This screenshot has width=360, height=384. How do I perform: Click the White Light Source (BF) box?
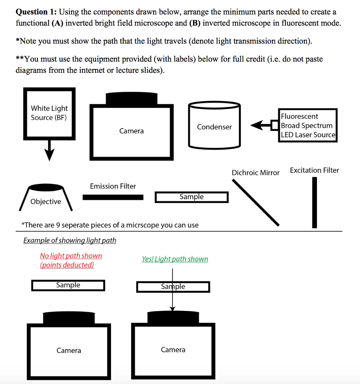pyautogui.click(x=49, y=113)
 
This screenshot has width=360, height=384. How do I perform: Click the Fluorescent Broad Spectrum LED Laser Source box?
pyautogui.click(x=308, y=125)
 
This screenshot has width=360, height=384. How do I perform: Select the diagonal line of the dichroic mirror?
pyautogui.click(x=255, y=202)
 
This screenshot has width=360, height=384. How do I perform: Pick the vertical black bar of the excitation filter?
pyautogui.click(x=314, y=202)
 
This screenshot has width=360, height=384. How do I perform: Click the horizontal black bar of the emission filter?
pyautogui.click(x=113, y=197)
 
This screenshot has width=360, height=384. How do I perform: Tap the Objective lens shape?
pyautogui.click(x=46, y=197)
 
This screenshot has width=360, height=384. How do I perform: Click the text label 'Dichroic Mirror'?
pyautogui.click(x=255, y=173)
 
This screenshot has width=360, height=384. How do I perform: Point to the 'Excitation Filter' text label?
pyautogui.click(x=314, y=170)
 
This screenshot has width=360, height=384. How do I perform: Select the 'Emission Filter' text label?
pyautogui.click(x=113, y=186)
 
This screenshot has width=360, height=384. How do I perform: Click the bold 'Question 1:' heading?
pyautogui.click(x=36, y=12)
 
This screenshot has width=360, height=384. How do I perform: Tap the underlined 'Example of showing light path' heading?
pyautogui.click(x=70, y=240)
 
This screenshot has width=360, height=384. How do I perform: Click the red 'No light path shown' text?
pyautogui.click(x=71, y=256)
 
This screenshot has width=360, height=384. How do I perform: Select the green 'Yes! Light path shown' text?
pyautogui.click(x=175, y=259)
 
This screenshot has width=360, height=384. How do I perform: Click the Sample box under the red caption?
pyautogui.click(x=68, y=285)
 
